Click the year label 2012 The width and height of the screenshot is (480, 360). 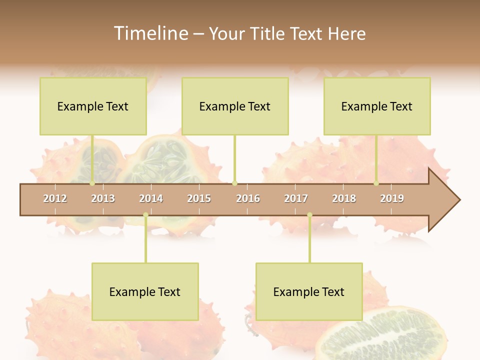[x=55, y=198]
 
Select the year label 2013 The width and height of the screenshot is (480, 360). [x=103, y=198]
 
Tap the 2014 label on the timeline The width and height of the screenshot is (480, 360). [x=151, y=198]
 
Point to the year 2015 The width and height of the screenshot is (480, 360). [x=199, y=198]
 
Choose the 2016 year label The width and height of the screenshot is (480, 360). [x=248, y=198]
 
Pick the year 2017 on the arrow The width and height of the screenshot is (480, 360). [x=296, y=198]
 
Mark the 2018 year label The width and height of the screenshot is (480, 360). [x=344, y=198]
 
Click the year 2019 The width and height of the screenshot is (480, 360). [x=392, y=198]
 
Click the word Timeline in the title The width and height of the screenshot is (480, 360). [x=150, y=33]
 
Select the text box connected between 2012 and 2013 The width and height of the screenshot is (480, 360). [x=93, y=106]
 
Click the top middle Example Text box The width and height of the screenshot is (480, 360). [x=235, y=106]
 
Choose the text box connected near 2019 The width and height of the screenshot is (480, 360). [x=377, y=106]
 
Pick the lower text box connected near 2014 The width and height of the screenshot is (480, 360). [x=145, y=291]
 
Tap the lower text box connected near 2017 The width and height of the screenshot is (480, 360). [x=309, y=291]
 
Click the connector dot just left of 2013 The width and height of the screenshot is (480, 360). [x=92, y=183]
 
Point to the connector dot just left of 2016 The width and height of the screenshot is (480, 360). [x=235, y=183]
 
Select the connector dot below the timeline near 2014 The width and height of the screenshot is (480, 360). [x=145, y=215]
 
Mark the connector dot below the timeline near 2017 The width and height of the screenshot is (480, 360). [x=309, y=215]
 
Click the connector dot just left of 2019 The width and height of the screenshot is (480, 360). [x=376, y=183]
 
